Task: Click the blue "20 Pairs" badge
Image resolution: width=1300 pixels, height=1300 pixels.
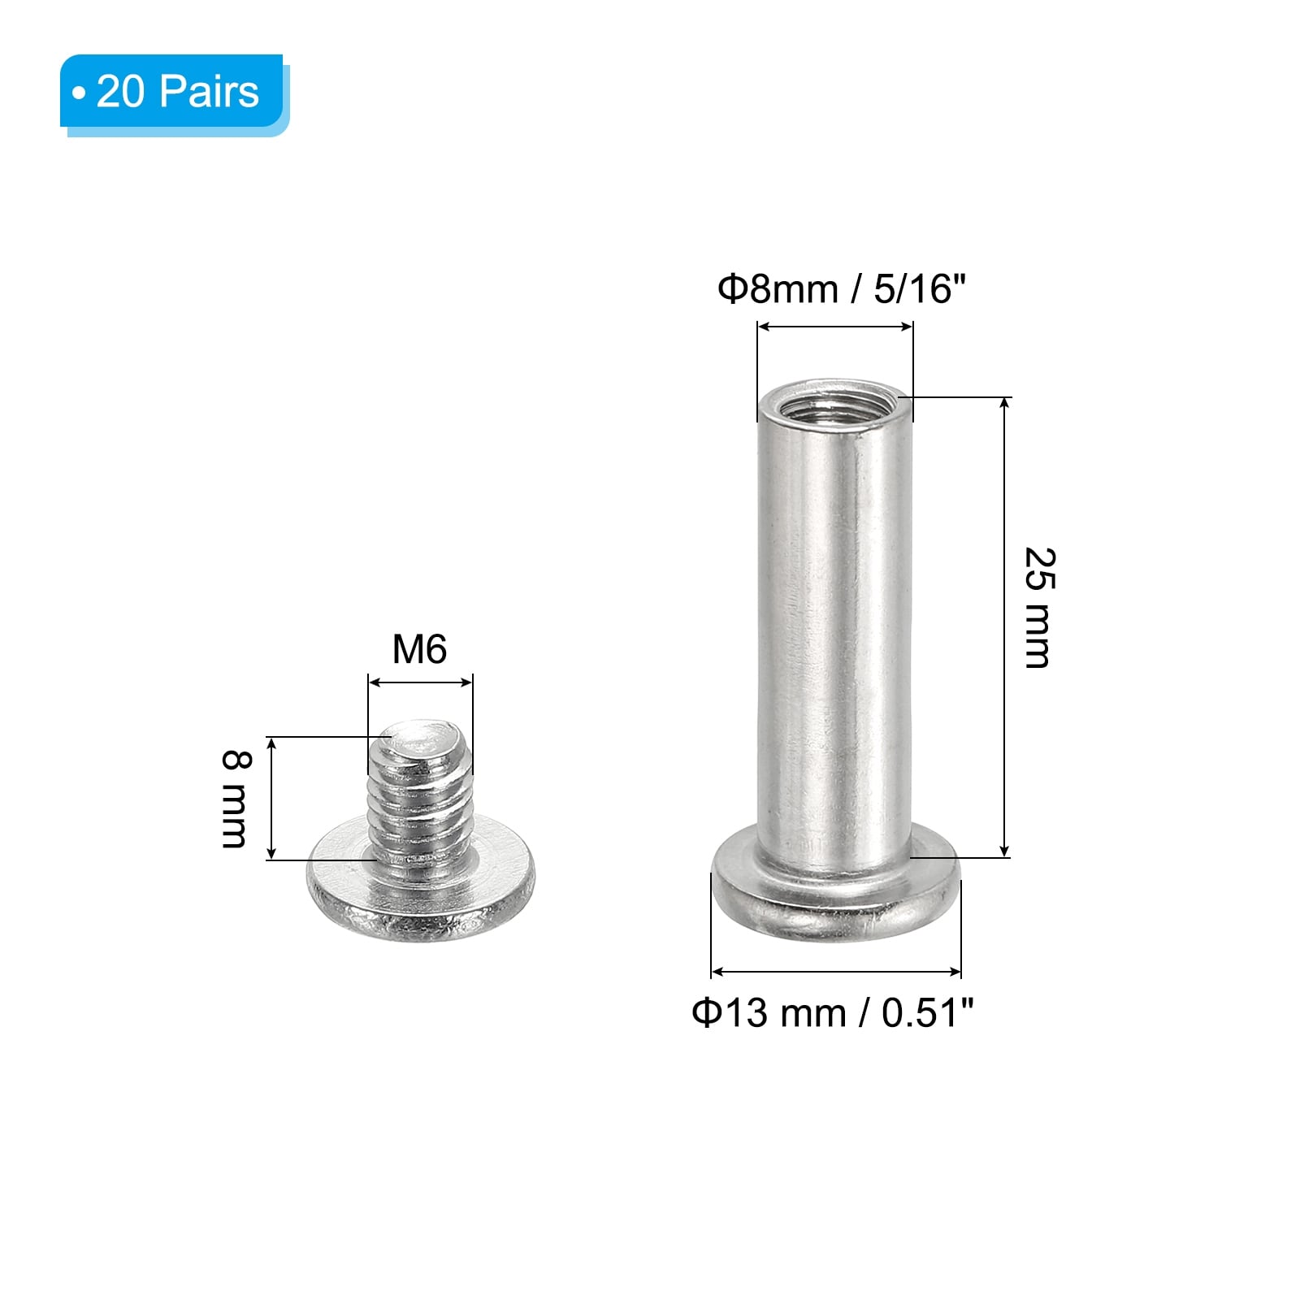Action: click(x=174, y=91)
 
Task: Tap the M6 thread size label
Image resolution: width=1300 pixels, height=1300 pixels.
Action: click(x=419, y=649)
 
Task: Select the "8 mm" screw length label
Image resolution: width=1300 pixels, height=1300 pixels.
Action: click(x=236, y=799)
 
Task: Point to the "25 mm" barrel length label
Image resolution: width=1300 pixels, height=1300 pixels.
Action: click(x=1039, y=608)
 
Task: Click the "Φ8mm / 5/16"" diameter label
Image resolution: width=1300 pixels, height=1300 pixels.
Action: click(x=841, y=288)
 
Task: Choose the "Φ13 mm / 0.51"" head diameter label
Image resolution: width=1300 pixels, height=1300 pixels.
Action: click(x=833, y=1012)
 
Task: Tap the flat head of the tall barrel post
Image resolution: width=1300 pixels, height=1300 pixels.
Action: click(x=836, y=895)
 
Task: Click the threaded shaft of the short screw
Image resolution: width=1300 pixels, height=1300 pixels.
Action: click(x=419, y=792)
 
